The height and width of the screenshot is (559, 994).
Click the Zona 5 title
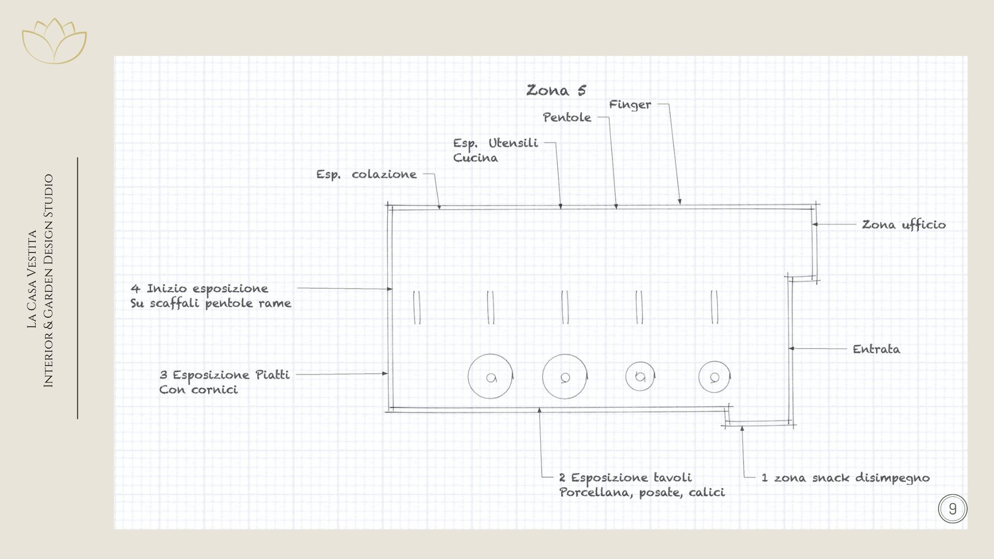tap(556, 91)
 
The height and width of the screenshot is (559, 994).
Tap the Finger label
tap(630, 105)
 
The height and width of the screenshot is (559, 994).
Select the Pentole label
tap(567, 117)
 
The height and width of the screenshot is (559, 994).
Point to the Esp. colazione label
tap(366, 174)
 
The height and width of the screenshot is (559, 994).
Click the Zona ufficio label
tap(903, 225)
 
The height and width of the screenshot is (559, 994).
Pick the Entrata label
tap(876, 349)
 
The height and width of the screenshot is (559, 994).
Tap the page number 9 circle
tap(952, 509)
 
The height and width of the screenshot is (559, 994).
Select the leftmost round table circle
tap(490, 376)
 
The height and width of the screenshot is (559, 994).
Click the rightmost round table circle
tap(714, 377)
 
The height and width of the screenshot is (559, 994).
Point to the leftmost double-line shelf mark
tap(417, 307)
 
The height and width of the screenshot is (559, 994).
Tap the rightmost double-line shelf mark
tap(714, 307)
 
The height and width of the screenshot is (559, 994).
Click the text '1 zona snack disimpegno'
tap(845, 478)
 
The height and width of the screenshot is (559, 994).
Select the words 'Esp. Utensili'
tap(495, 143)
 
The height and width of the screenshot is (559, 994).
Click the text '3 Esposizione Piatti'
tap(224, 375)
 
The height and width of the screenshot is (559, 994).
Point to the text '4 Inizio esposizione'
tap(199, 289)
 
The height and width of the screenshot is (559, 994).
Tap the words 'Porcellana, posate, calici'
tap(642, 492)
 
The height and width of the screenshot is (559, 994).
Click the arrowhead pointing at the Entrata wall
tap(792, 349)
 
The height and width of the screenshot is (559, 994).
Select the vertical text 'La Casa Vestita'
tap(32, 279)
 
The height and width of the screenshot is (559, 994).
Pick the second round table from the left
tap(565, 376)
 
